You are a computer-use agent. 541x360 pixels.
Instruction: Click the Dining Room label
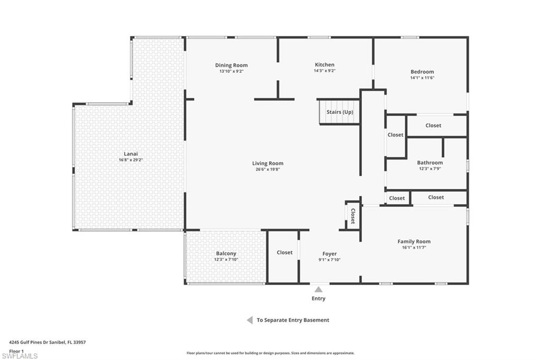231,65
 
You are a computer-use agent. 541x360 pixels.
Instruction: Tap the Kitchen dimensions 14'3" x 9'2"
324,71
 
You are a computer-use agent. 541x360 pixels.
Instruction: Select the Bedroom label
422,72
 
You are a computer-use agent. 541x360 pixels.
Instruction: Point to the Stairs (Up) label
340,112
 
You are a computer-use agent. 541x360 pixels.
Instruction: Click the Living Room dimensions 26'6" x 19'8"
267,169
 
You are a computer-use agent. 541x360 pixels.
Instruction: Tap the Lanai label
131,154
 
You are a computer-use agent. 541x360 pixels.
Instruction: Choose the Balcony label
226,253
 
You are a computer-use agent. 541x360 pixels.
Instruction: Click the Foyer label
330,254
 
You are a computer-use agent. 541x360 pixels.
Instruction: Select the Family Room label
414,241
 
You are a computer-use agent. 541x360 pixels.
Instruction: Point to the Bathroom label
430,163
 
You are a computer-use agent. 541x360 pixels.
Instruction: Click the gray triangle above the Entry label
319,290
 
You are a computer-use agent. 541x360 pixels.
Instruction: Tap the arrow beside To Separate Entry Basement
250,320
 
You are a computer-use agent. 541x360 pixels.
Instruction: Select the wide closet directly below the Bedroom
437,126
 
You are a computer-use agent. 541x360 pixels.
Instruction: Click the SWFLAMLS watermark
20,356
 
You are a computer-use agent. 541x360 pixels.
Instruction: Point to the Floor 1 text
16,351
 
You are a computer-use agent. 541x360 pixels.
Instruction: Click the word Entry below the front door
319,299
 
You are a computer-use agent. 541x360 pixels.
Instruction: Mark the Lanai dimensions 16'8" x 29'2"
131,160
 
